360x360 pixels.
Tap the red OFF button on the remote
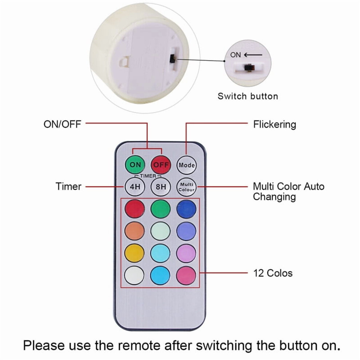(x=161, y=165)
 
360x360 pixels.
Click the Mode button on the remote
(x=187, y=165)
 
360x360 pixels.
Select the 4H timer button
(x=135, y=187)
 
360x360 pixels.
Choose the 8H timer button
(x=161, y=187)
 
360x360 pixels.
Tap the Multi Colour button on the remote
(x=187, y=187)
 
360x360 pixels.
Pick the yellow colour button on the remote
(x=135, y=253)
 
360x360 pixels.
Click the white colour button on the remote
(x=134, y=275)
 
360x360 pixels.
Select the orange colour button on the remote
(x=135, y=231)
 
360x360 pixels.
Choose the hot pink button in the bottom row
(x=186, y=275)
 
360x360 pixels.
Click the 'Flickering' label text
(x=275, y=124)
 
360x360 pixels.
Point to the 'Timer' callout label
(x=68, y=187)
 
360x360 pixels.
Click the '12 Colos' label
(x=273, y=273)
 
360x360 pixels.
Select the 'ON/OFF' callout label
(x=63, y=124)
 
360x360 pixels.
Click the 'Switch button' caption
(x=248, y=96)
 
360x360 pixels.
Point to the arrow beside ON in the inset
(x=253, y=55)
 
